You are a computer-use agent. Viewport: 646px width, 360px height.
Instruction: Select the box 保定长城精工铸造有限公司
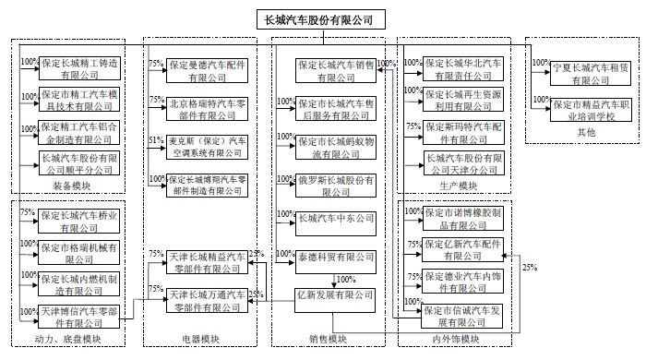pos(80,69)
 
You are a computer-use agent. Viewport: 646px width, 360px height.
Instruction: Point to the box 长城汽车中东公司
pos(335,219)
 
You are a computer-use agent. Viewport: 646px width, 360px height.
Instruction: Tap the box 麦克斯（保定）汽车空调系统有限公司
pos(208,147)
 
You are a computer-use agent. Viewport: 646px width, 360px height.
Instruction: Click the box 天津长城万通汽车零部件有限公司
pos(208,299)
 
